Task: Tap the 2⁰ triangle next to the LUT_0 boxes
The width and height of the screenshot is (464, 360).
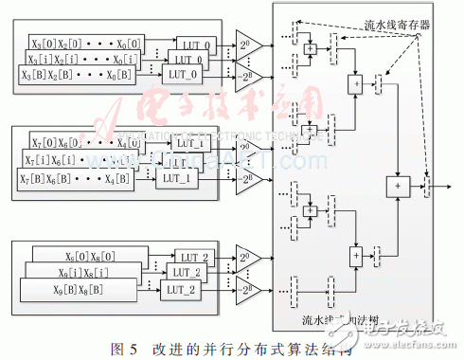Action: [x=247, y=45]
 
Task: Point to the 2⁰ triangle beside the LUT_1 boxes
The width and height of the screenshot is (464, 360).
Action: [x=247, y=149]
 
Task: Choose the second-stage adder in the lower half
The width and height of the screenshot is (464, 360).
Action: [x=356, y=254]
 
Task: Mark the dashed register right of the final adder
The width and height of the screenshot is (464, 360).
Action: [x=427, y=186]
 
